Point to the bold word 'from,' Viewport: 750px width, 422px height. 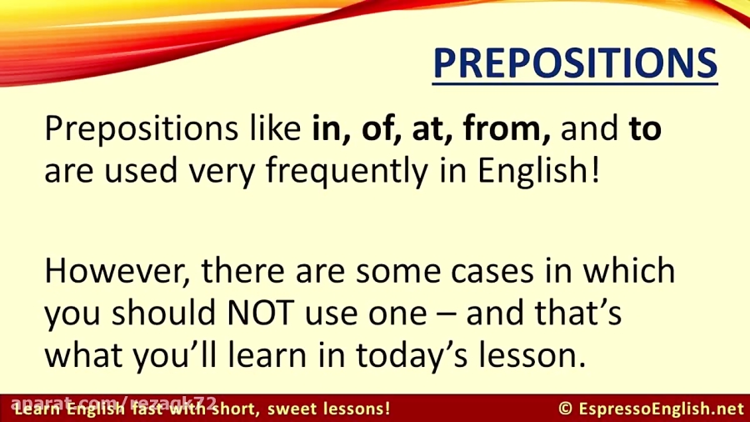pyautogui.click(x=507, y=130)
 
